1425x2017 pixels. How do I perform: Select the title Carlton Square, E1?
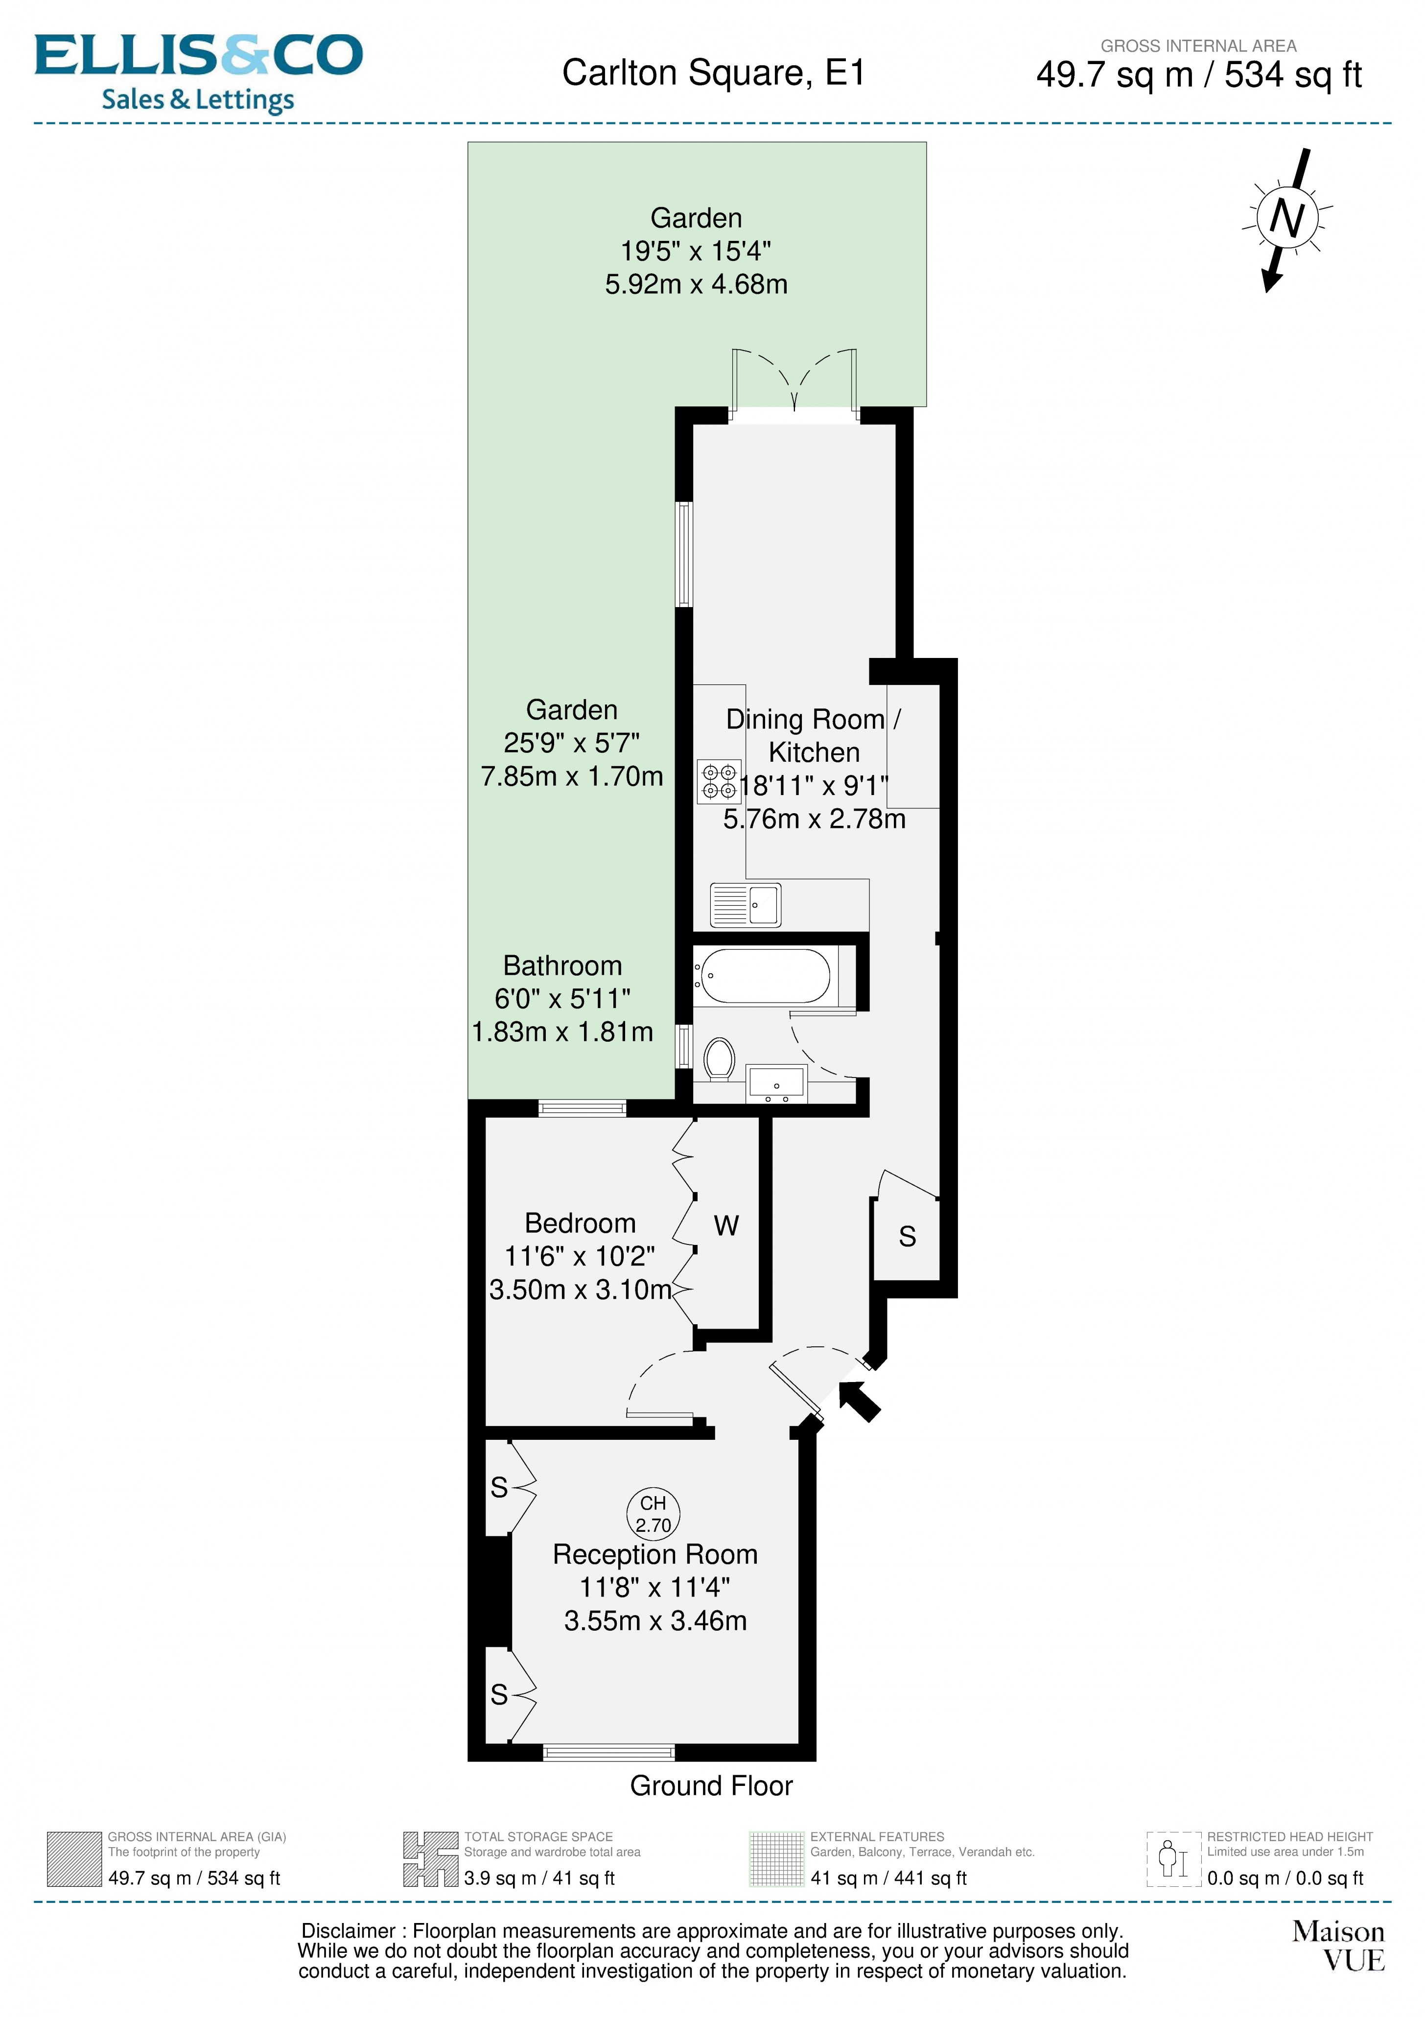[713, 73]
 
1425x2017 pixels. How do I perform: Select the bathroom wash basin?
[776, 1084]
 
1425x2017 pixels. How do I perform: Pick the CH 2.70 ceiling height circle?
[654, 1514]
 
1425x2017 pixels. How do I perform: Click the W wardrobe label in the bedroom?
[725, 1225]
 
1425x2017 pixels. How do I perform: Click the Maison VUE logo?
[1337, 1946]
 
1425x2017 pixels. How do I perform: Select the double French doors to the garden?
[794, 383]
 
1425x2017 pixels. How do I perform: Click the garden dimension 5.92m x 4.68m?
[696, 284]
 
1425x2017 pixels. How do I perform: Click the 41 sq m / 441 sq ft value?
[888, 1878]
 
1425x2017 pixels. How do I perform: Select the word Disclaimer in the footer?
[348, 1931]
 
